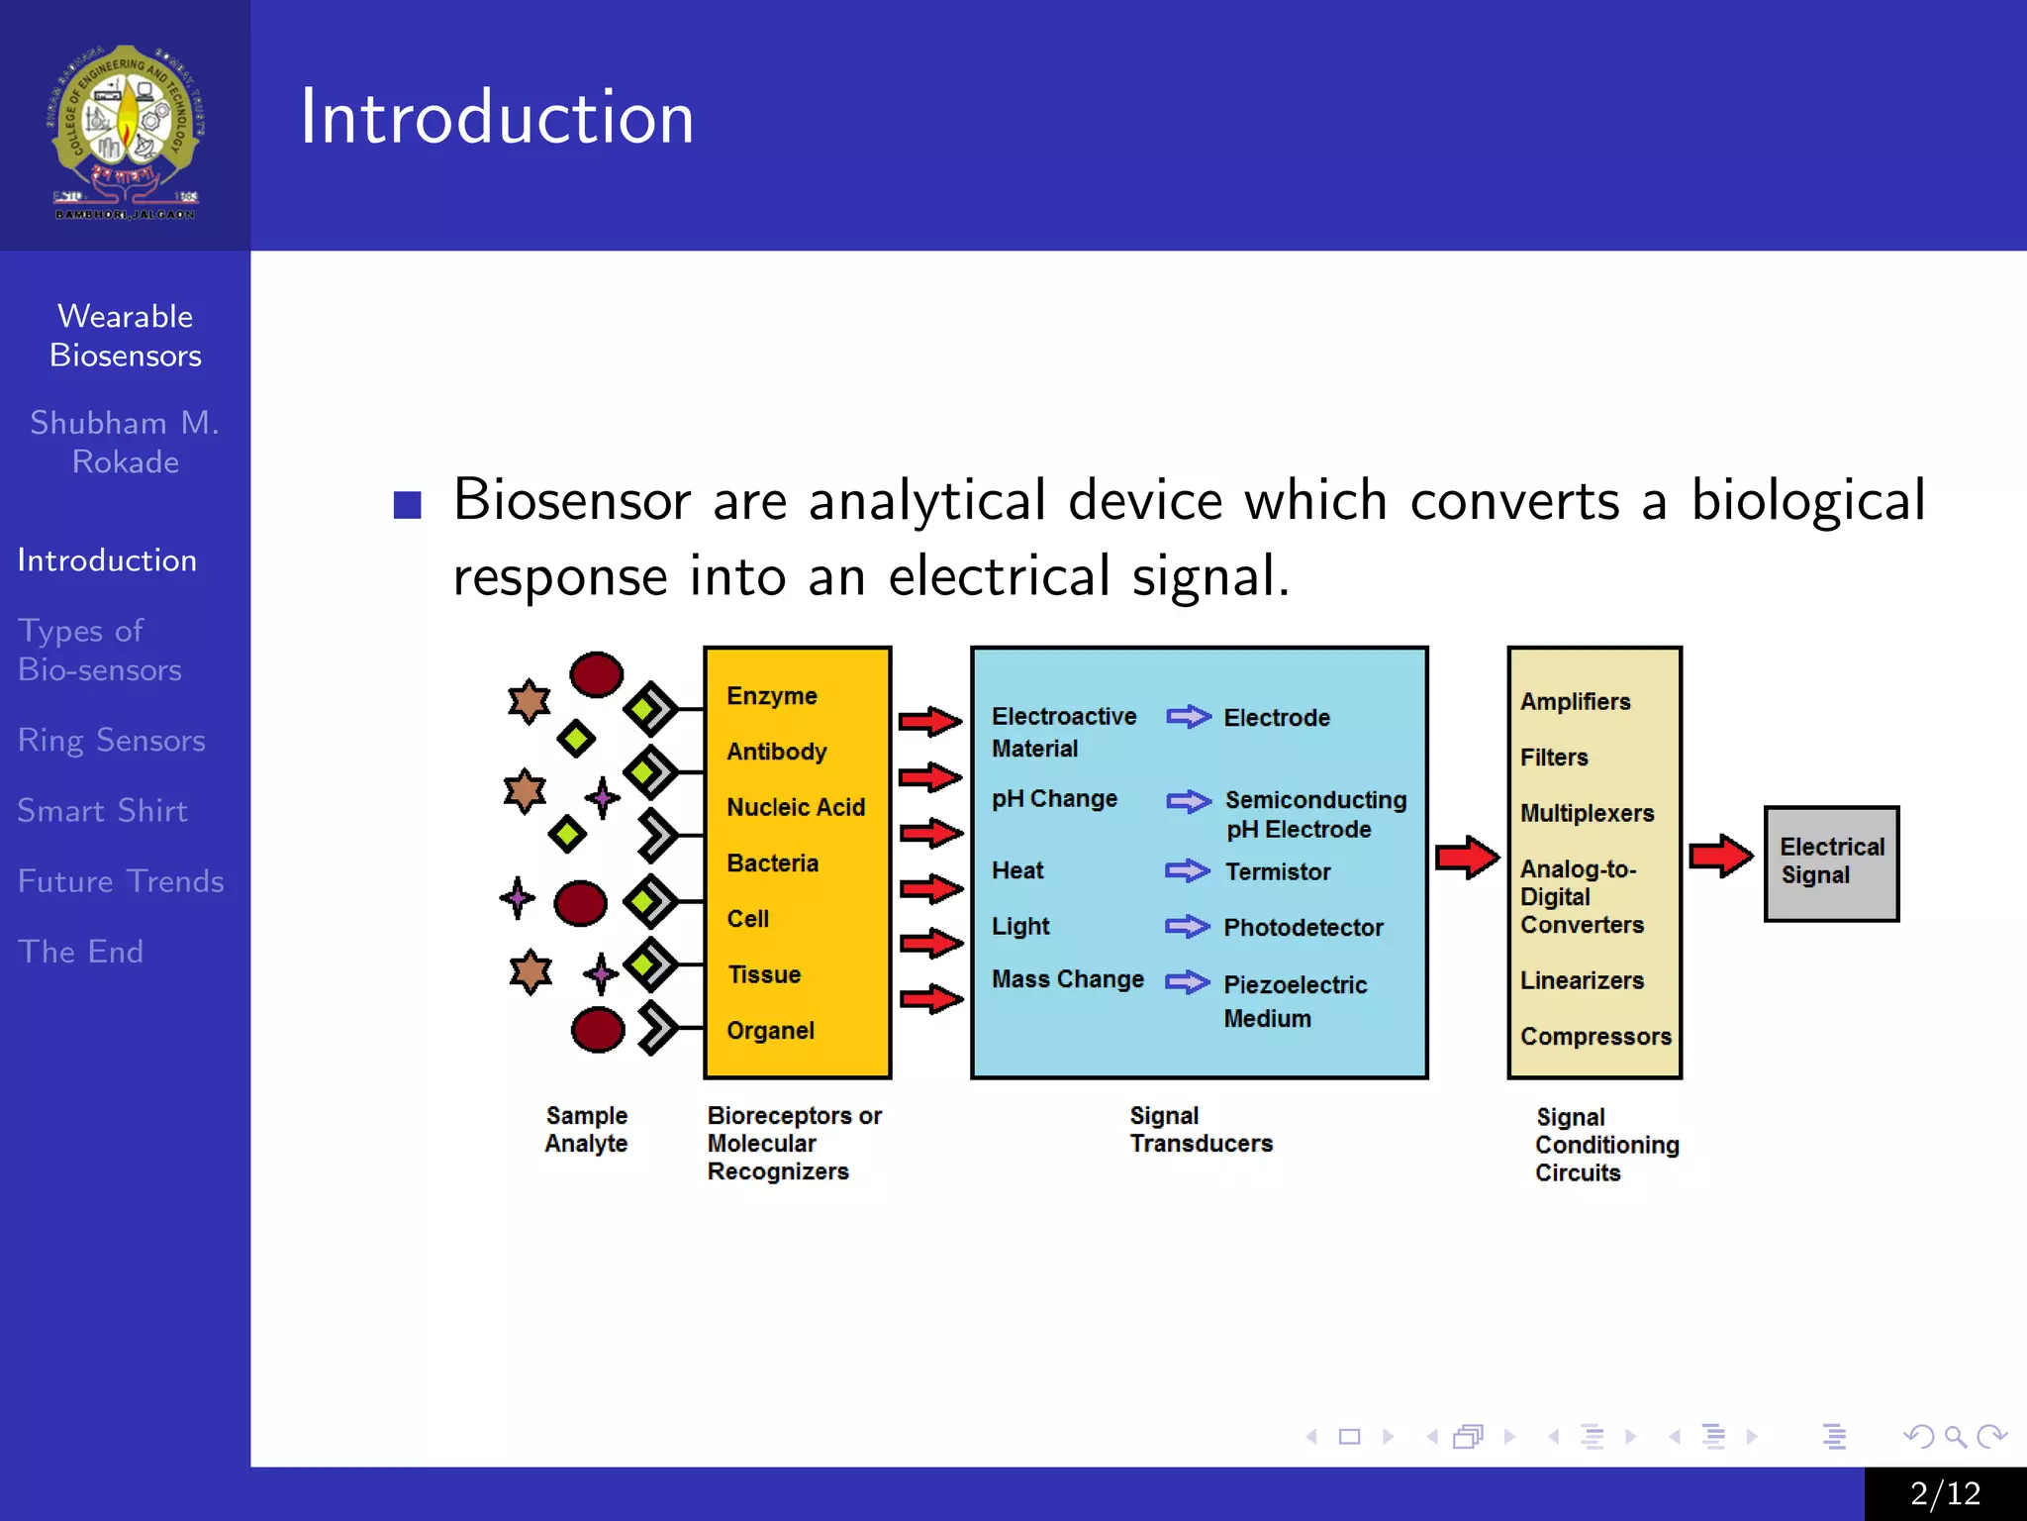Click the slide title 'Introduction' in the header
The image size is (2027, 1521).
pyautogui.click(x=497, y=117)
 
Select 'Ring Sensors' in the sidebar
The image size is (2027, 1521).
pyautogui.click(x=111, y=740)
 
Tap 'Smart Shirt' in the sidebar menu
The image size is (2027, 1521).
pyautogui.click(x=102, y=810)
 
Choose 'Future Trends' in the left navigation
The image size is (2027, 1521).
pyautogui.click(x=121, y=880)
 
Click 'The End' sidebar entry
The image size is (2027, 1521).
pyautogui.click(x=80, y=951)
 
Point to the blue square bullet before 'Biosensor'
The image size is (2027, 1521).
pyautogui.click(x=407, y=505)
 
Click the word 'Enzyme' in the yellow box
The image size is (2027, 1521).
pyautogui.click(x=771, y=695)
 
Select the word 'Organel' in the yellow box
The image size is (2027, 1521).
pyautogui.click(x=770, y=1030)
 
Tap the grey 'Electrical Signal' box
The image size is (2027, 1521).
pyautogui.click(x=1831, y=862)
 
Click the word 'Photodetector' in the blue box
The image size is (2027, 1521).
pyautogui.click(x=1303, y=927)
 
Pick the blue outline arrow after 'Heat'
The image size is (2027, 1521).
pyautogui.click(x=1187, y=870)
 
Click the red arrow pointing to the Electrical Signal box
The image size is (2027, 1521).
pyautogui.click(x=1720, y=856)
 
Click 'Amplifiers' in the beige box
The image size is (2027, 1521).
pyautogui.click(x=1575, y=701)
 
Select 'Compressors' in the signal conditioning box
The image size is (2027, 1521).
pyautogui.click(x=1595, y=1036)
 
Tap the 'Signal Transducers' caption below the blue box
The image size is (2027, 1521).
pyautogui.click(x=1200, y=1129)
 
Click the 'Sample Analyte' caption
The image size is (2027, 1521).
pyautogui.click(x=586, y=1129)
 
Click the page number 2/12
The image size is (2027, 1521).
pyautogui.click(x=1945, y=1493)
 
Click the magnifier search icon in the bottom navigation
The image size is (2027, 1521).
pyautogui.click(x=1955, y=1436)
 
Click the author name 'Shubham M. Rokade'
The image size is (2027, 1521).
pyautogui.click(x=125, y=442)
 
